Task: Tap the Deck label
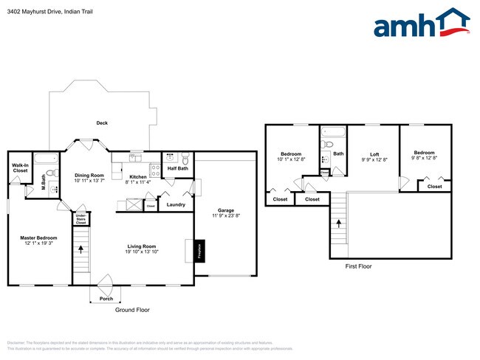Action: coord(103,123)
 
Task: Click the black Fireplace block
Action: coord(199,251)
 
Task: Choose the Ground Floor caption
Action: coord(132,310)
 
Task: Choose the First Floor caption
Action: coord(359,266)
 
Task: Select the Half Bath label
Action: coord(177,168)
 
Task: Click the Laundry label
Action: coord(176,204)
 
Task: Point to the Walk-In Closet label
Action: coord(20,167)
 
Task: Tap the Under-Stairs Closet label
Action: coord(80,219)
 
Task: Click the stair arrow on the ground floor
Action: coord(80,247)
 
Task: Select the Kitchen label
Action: coord(138,176)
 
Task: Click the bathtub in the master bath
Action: coord(47,159)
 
